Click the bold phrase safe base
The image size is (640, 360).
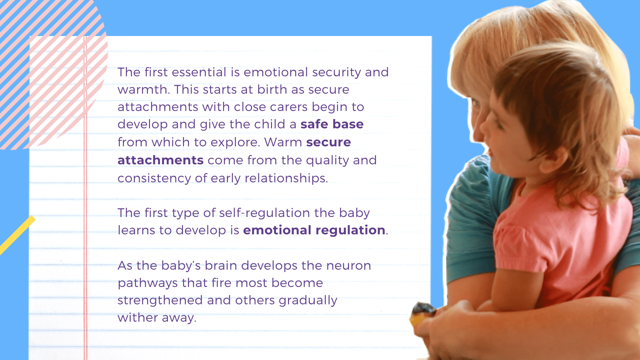click(332, 124)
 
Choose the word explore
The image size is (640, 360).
click(235, 142)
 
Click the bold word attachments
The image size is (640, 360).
click(161, 160)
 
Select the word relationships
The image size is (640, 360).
click(286, 178)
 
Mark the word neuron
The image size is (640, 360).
click(349, 266)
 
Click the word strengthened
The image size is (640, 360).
click(160, 300)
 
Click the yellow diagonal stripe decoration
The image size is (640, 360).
click(17, 235)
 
